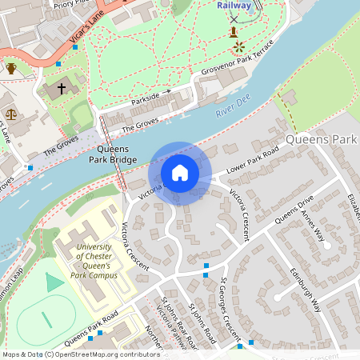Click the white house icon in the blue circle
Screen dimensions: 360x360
point(180,173)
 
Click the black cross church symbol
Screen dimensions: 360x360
point(62,88)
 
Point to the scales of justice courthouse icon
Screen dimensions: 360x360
point(10,113)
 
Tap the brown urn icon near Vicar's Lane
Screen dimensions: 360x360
point(11,68)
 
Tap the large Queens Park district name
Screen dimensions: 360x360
point(321,140)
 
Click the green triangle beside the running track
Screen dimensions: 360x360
point(54,282)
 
